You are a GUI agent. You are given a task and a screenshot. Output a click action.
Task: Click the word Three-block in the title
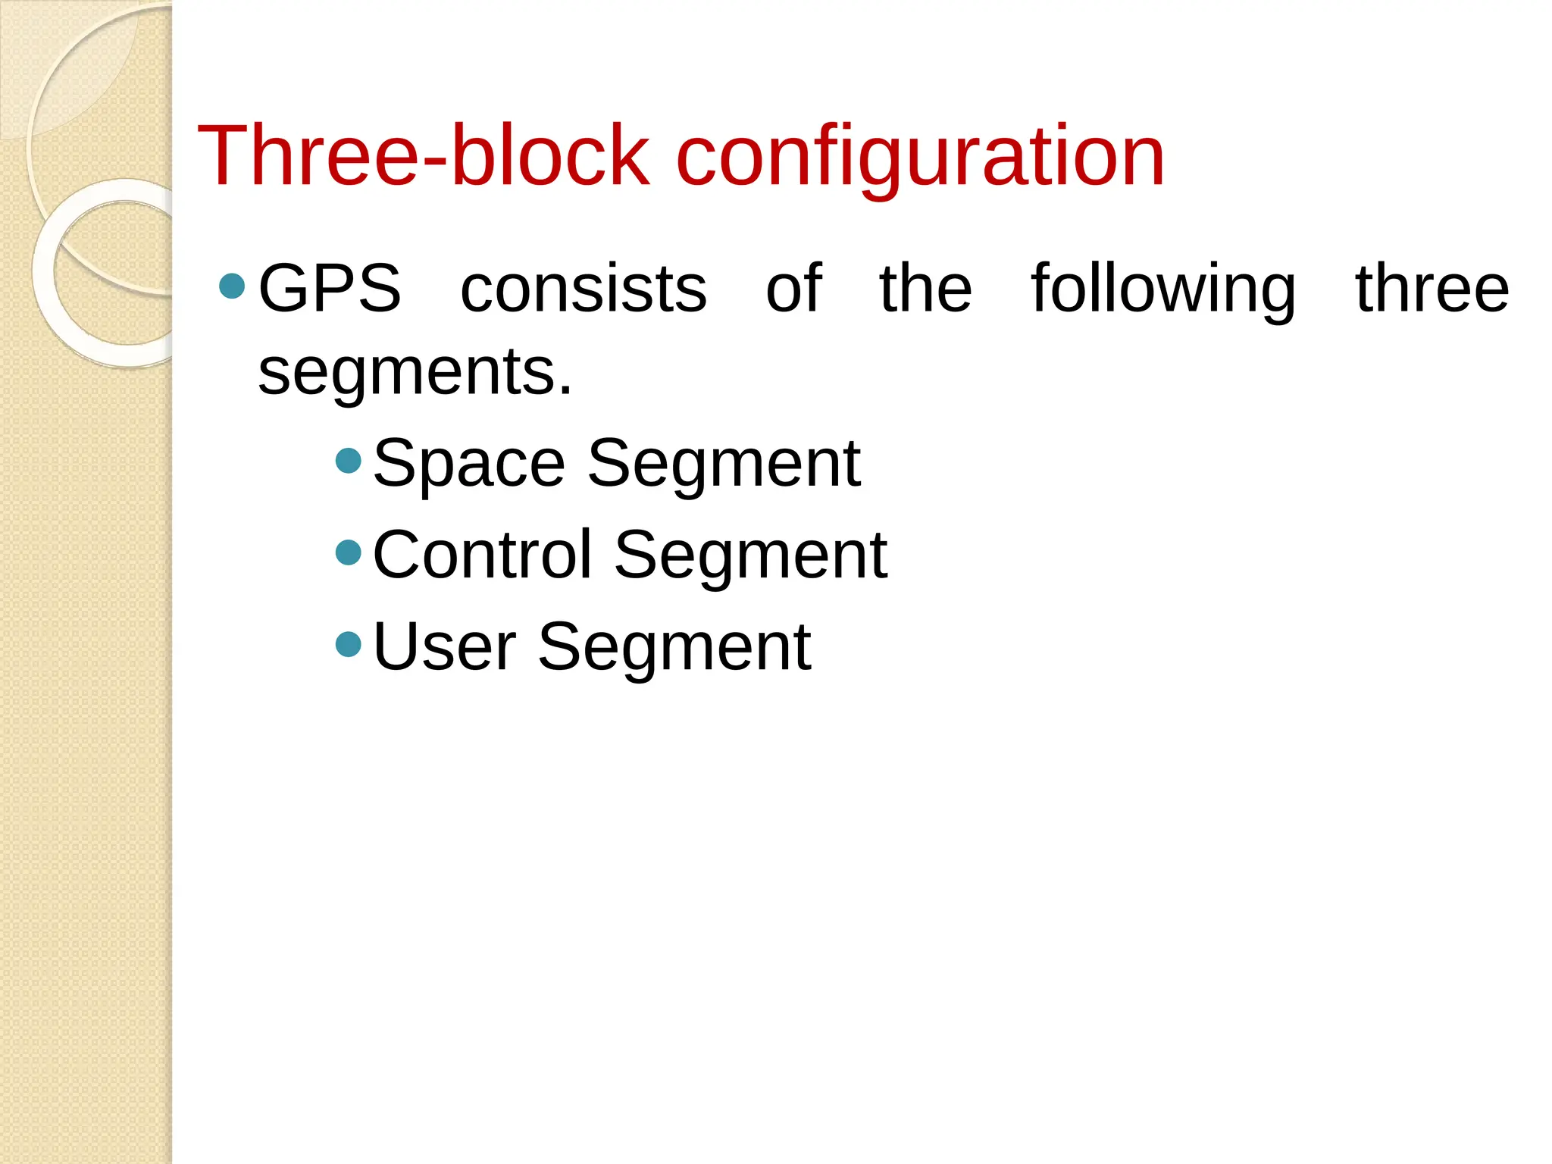click(423, 156)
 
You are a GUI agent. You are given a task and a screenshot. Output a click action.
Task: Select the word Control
click(482, 555)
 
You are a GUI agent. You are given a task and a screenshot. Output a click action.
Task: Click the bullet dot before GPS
click(232, 286)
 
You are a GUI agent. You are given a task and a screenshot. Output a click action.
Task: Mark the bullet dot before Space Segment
click(348, 460)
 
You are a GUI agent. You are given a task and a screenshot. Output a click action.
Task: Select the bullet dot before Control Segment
click(348, 552)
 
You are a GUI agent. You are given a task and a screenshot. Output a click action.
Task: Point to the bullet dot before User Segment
click(348, 644)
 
